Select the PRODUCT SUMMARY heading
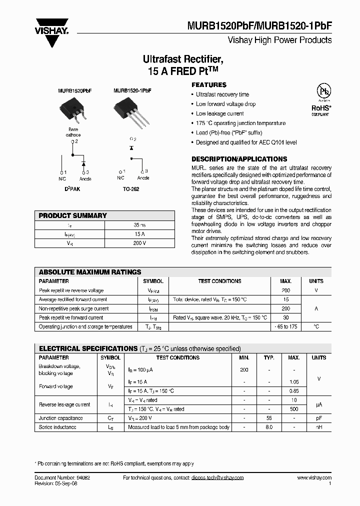coord(73,215)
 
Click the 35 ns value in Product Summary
coord(139,225)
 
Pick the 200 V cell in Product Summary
coord(139,243)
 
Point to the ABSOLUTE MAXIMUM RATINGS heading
coord(90,272)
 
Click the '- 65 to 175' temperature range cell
coord(285,326)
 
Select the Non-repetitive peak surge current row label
coord(73,308)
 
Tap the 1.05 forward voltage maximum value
coord(294,381)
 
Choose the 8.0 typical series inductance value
coord(269,427)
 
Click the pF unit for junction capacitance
coord(318,418)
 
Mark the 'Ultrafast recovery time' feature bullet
coord(222,94)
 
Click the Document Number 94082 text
coord(62,478)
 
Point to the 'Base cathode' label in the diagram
coord(73,132)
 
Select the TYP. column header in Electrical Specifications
coord(269,357)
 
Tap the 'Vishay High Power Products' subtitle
coord(279,40)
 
